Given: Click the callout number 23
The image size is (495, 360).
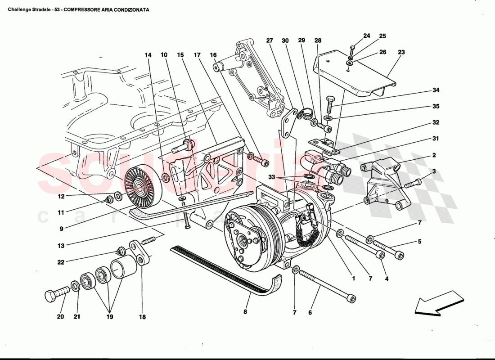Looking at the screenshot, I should (x=401, y=53).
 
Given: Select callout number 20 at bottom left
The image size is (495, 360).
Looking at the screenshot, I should (x=60, y=317).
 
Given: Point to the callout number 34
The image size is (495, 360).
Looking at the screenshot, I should (x=436, y=90).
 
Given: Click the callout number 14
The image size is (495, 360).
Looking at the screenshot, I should (x=148, y=55).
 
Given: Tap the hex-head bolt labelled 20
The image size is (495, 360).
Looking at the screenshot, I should (x=54, y=296).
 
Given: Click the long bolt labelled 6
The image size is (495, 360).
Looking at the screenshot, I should (x=326, y=285).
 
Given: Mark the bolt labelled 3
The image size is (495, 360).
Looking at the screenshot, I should (x=412, y=184).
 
